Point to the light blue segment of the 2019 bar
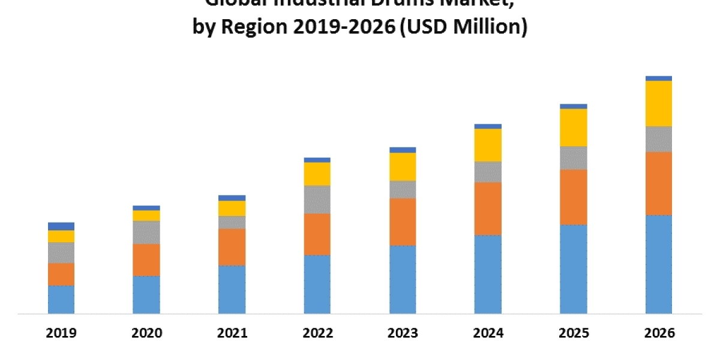pos(61,299)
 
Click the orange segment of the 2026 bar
pos(659,183)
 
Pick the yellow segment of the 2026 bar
pos(659,103)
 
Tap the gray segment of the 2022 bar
pos(317,199)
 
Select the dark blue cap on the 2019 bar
pos(61,226)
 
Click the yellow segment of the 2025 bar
pos(574,127)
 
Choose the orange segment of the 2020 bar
pos(146,260)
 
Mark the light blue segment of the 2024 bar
pos(488,274)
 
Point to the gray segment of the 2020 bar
pos(146,232)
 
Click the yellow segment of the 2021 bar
pos(232,208)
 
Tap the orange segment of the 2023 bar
pos(403,221)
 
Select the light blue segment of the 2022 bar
pos(317,284)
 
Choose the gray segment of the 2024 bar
pos(488,172)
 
